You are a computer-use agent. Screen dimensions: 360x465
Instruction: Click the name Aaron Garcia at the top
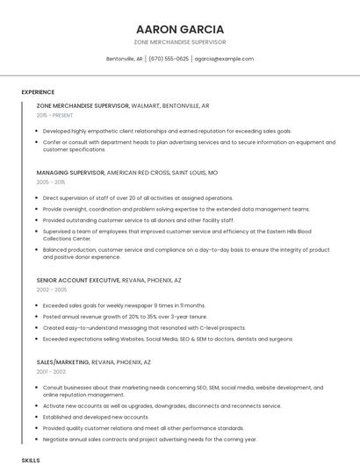[x=180, y=29]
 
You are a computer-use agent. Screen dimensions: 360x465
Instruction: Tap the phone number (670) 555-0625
[x=169, y=59]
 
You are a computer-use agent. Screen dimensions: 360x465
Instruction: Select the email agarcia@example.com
[x=224, y=59]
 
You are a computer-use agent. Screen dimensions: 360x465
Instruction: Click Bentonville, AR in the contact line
[x=124, y=59]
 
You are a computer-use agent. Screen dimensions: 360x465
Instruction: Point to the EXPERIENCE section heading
[x=38, y=92]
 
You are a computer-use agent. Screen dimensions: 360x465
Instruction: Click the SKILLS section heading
[x=31, y=460]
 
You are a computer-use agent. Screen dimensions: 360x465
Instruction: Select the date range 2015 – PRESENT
[x=56, y=115]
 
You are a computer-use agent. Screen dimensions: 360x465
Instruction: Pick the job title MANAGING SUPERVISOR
[x=70, y=173]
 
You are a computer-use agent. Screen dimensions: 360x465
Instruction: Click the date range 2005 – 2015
[x=51, y=182]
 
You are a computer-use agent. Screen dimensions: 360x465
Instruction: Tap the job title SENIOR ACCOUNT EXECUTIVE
[x=78, y=280]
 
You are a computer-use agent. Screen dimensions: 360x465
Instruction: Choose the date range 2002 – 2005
[x=52, y=290]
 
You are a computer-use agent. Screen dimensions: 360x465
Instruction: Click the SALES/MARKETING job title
[x=62, y=361]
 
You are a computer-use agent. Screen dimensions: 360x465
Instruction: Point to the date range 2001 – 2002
[x=51, y=371]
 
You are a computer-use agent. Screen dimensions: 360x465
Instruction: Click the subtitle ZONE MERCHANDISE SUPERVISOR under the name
[x=180, y=41]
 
